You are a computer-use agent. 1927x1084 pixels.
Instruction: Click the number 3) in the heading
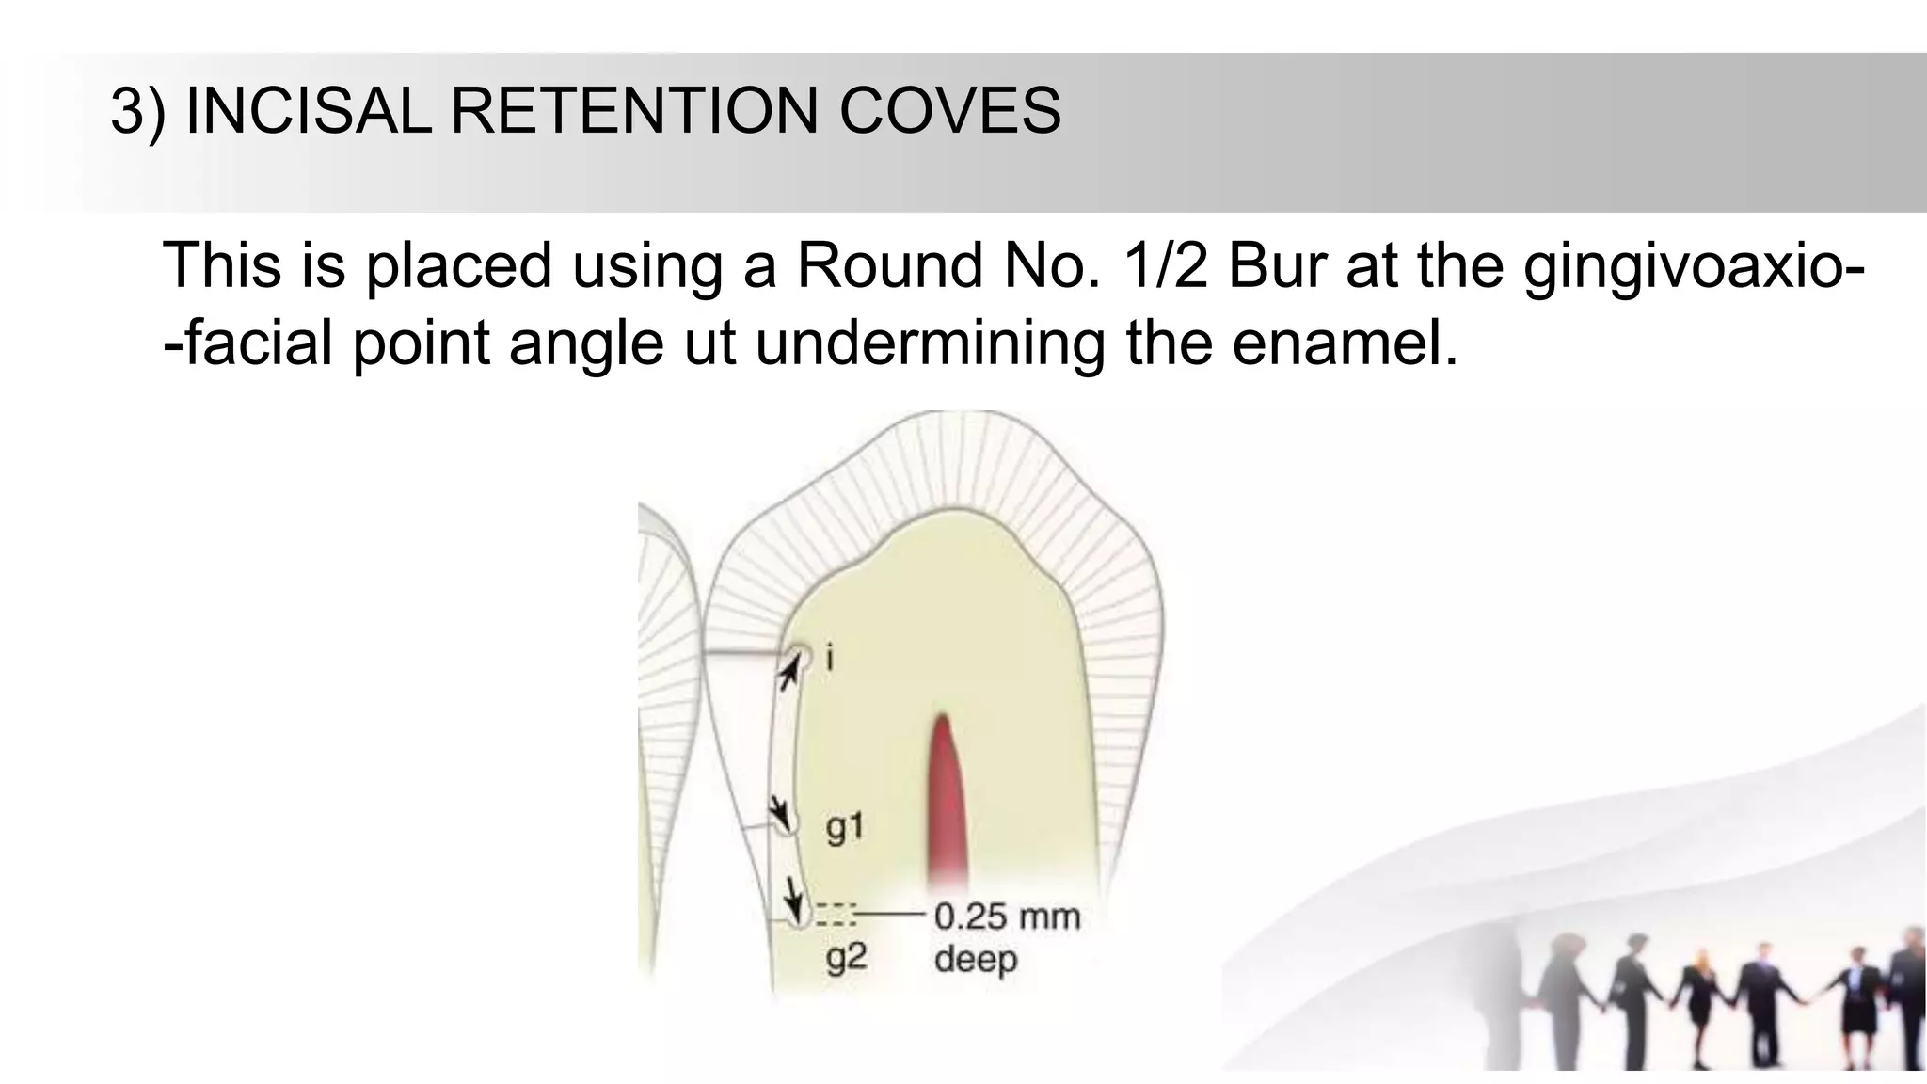[x=137, y=111]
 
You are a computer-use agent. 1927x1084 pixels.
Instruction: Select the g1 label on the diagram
[x=844, y=827]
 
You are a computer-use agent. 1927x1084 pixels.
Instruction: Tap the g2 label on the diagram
[x=846, y=957]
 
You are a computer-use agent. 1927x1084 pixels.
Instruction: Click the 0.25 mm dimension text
[x=1007, y=916]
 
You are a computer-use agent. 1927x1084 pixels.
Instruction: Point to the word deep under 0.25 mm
[x=976, y=960]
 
